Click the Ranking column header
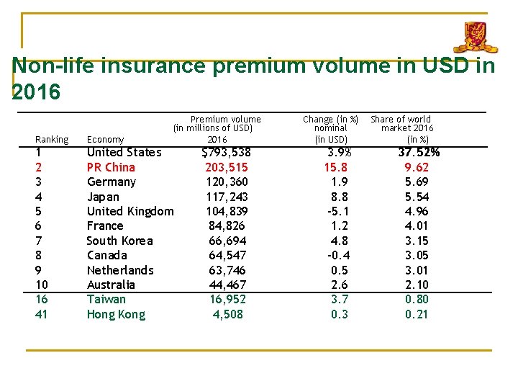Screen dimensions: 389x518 (x=52, y=139)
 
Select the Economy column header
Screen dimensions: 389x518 (x=105, y=139)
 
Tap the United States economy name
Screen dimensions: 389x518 (x=124, y=152)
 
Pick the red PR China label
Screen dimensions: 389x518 (x=111, y=167)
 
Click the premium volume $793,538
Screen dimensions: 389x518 (x=226, y=153)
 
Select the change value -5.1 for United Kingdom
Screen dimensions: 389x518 (x=338, y=211)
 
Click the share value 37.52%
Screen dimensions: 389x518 (x=419, y=152)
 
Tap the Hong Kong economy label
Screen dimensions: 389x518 (x=116, y=314)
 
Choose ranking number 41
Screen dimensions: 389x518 (x=41, y=314)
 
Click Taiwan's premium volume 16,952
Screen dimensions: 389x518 (x=227, y=299)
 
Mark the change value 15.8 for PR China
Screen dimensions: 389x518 (x=336, y=167)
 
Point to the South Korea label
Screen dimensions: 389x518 (x=119, y=241)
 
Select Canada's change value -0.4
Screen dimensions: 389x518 (x=338, y=255)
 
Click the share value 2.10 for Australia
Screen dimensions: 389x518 (x=417, y=285)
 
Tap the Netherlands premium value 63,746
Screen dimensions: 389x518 (x=227, y=270)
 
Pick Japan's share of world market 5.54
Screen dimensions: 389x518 (x=417, y=197)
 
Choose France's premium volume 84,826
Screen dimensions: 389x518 (x=227, y=225)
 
